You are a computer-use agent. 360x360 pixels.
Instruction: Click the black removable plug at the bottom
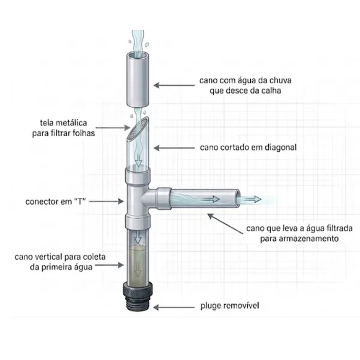[x=138, y=296]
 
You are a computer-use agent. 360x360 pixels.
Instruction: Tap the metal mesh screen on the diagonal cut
[x=137, y=129]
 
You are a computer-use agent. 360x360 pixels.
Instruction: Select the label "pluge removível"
[x=230, y=306]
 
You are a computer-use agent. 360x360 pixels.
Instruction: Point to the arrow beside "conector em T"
[x=106, y=202]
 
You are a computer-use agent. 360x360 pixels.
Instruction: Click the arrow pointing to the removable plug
[x=174, y=307]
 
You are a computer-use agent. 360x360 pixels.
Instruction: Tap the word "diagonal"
[x=281, y=148]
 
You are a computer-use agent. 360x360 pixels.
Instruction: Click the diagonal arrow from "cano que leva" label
[x=225, y=224]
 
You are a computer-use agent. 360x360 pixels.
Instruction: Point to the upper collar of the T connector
[x=138, y=175]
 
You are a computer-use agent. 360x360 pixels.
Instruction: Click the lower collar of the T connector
[x=138, y=222]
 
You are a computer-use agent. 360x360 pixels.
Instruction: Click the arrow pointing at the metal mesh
[x=113, y=128]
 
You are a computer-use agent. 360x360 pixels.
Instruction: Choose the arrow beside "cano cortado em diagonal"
[x=174, y=148]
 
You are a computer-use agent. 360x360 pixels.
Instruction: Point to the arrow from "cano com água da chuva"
[x=174, y=85]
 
